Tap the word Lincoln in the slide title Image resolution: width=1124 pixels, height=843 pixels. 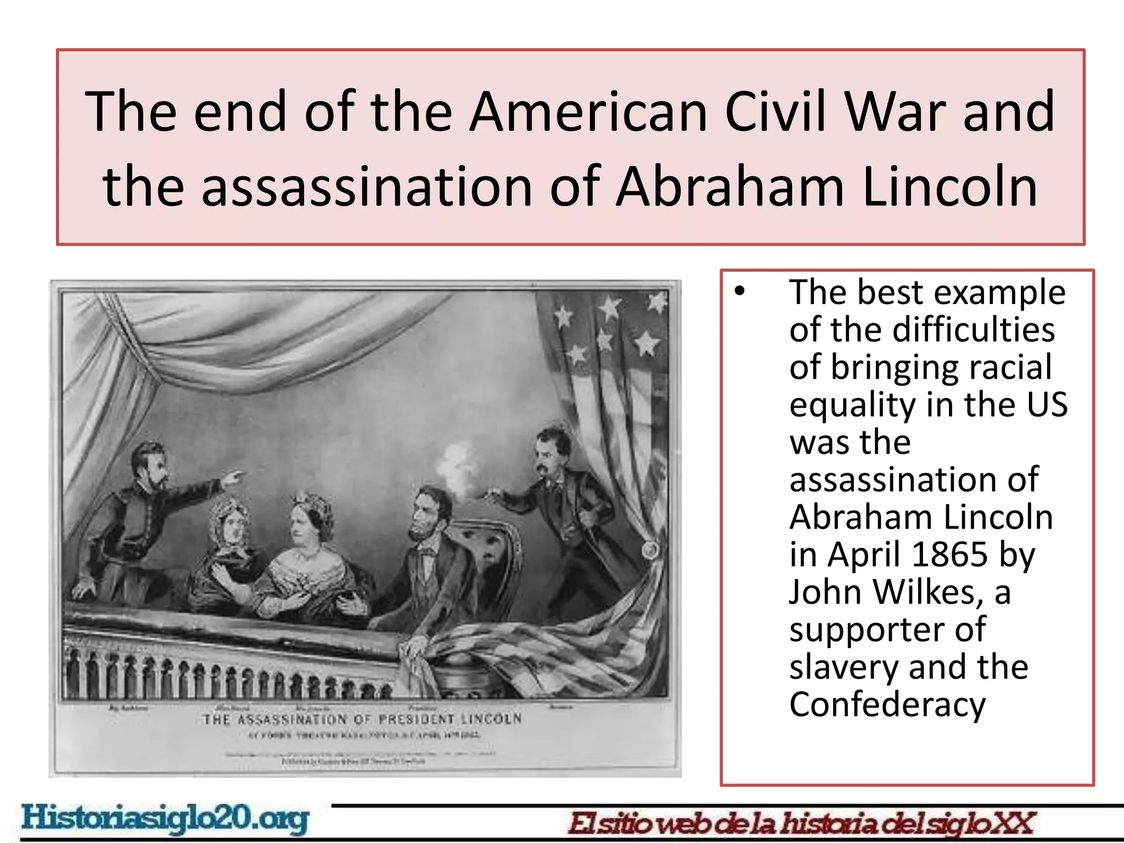coord(950,187)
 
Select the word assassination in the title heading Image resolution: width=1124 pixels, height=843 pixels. coord(367,187)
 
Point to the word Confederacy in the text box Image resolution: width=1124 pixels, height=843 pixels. coord(887,704)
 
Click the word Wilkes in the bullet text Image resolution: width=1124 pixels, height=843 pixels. coord(928,592)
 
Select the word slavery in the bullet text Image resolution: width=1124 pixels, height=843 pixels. coord(845,667)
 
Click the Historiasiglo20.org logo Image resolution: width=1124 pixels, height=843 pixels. coord(165,819)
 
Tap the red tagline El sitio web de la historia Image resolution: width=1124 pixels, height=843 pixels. coord(801,823)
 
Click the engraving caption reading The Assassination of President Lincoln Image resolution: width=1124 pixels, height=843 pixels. coord(362,719)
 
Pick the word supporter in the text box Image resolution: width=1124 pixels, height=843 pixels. coord(887,630)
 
